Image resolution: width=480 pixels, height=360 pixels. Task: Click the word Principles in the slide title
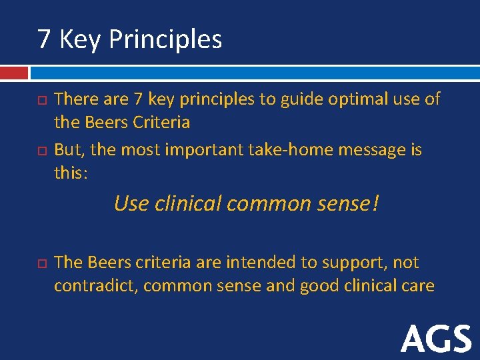[165, 40]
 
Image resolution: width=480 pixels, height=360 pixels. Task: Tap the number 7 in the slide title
[44, 39]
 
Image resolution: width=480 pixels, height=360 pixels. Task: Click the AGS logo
[436, 339]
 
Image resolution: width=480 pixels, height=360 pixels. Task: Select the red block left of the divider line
[14, 72]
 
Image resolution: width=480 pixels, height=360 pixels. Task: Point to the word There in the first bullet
[75, 99]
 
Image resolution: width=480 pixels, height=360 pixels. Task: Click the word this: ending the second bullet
[71, 173]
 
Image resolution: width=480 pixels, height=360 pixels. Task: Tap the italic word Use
[131, 203]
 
